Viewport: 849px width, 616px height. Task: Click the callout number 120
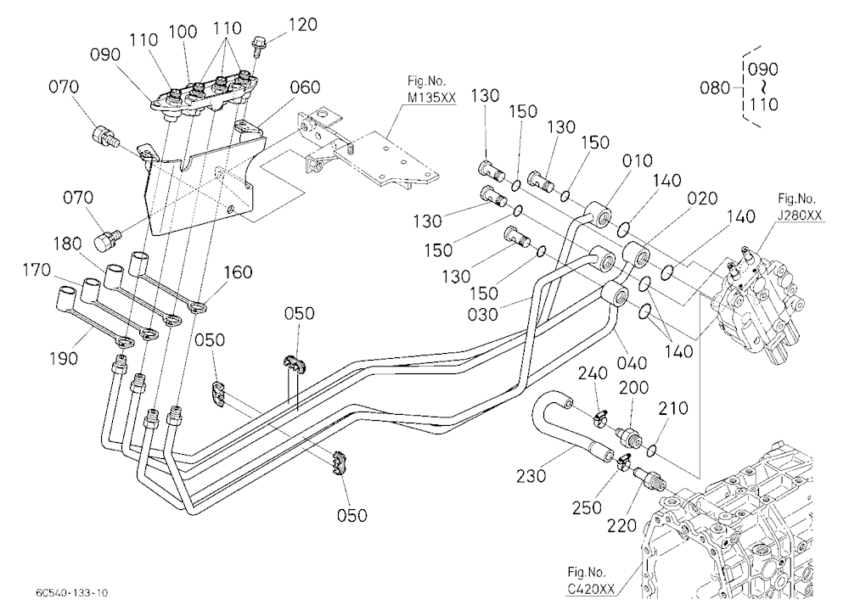point(303,25)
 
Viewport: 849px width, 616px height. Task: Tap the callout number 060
point(305,87)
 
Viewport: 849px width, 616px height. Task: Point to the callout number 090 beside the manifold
point(105,54)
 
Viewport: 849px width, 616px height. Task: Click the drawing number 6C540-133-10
point(72,593)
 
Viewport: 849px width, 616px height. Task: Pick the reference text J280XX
point(800,215)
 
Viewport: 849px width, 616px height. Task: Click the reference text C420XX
point(591,589)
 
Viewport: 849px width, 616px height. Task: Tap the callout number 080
point(715,87)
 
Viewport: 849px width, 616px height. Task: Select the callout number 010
point(638,160)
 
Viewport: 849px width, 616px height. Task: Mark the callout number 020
point(702,199)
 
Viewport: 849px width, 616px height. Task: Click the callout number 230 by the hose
point(531,476)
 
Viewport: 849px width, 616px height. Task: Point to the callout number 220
point(621,524)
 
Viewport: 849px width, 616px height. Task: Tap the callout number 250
point(587,507)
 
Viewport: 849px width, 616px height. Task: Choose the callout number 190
point(64,358)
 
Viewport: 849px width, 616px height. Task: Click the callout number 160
point(238,272)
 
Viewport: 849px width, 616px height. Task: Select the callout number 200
point(633,388)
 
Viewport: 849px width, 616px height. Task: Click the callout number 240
point(593,373)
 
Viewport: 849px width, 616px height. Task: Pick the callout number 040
point(632,362)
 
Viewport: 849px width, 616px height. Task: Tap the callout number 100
point(183,31)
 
